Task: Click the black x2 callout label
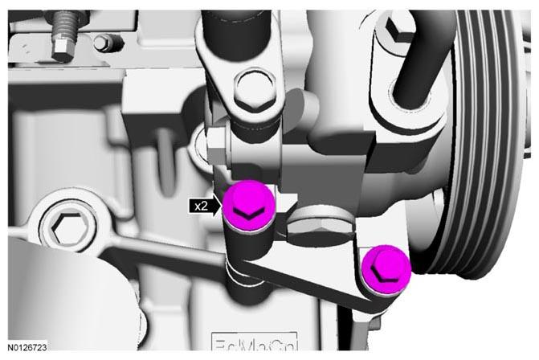pyautogui.click(x=201, y=207)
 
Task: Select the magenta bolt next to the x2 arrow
pyautogui.click(x=249, y=206)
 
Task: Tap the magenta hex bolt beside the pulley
pyautogui.click(x=386, y=269)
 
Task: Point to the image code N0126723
pyautogui.click(x=27, y=347)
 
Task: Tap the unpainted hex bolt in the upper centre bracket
pyautogui.click(x=255, y=89)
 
